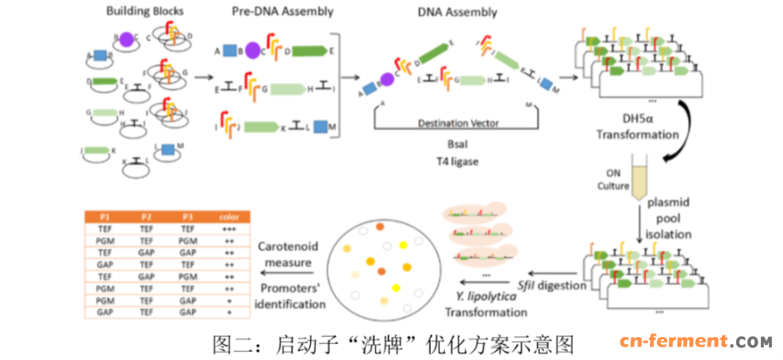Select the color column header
[x=228, y=216]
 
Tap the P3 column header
[x=186, y=216]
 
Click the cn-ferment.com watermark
[x=695, y=343]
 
